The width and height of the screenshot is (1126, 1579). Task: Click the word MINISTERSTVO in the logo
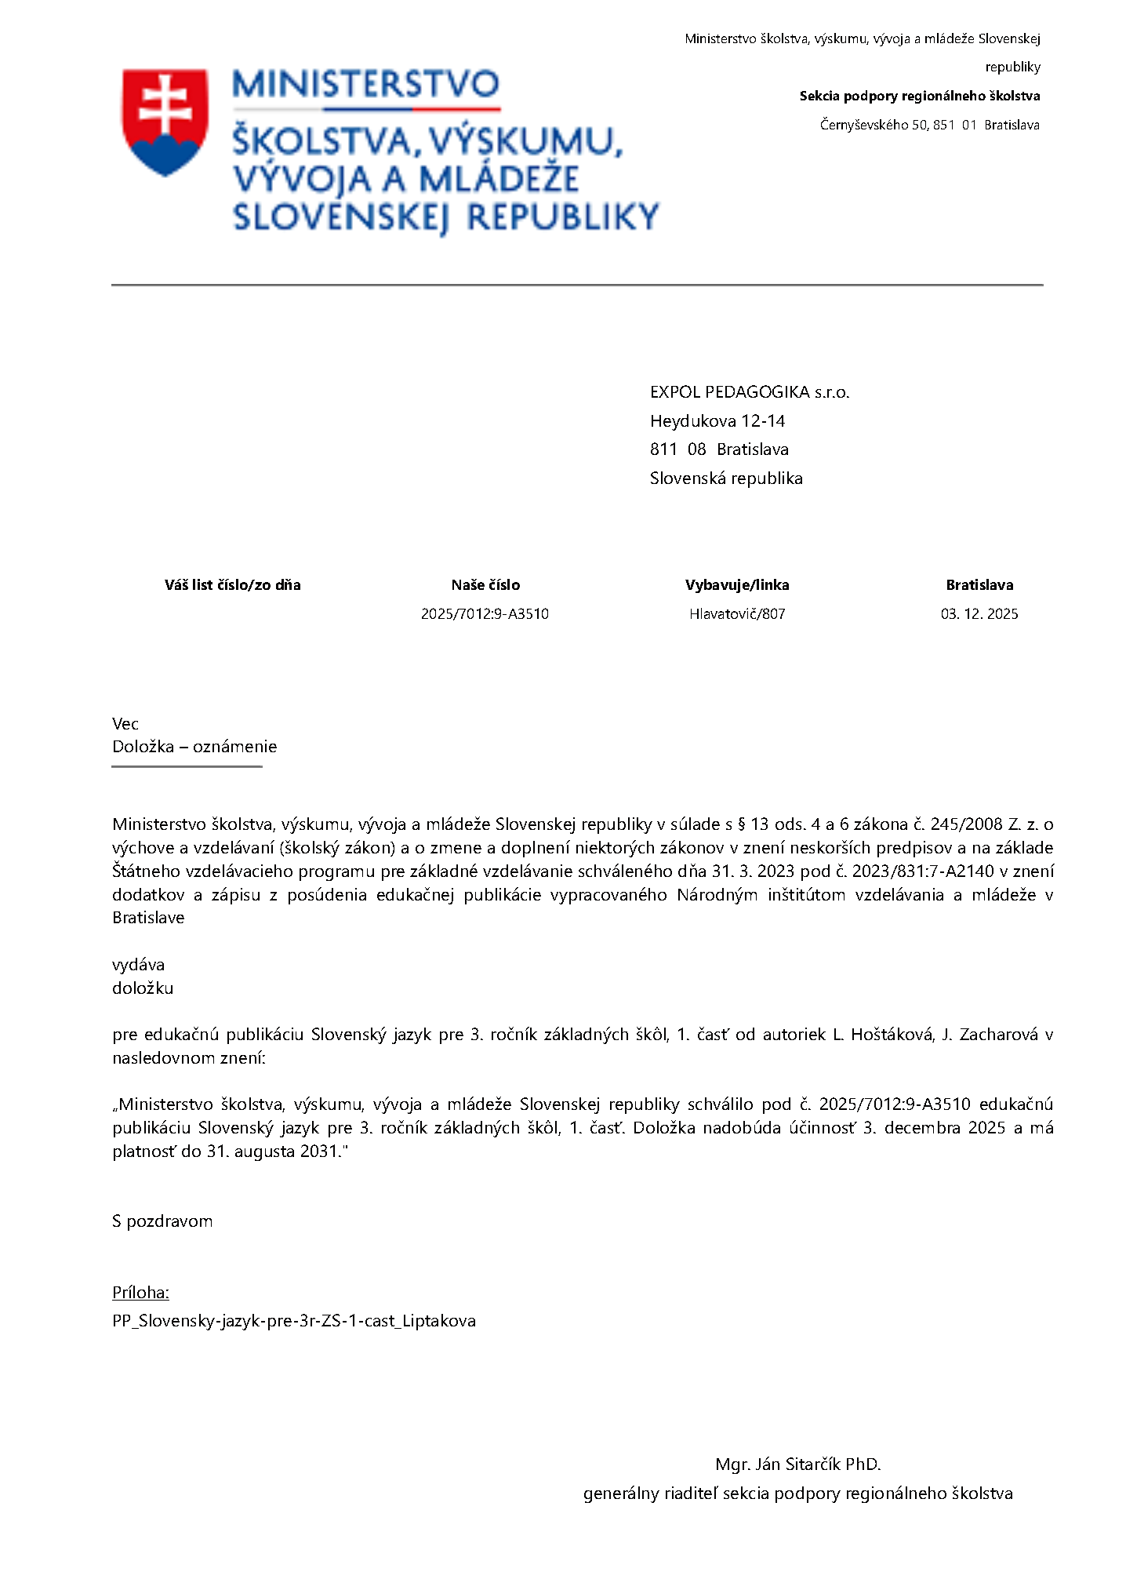[365, 85]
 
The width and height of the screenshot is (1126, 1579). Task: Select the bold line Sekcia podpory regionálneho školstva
[919, 96]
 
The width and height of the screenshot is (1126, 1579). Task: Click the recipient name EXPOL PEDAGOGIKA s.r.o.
[749, 392]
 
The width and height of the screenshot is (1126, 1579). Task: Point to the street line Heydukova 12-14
[717, 421]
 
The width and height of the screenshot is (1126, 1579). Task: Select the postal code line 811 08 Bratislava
[718, 449]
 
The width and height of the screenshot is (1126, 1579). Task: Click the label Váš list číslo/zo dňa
[232, 585]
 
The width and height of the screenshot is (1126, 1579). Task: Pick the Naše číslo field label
[485, 585]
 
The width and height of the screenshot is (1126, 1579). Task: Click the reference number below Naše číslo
[485, 614]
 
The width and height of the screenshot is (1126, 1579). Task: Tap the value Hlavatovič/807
[737, 614]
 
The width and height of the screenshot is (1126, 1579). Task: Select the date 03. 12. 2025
[979, 614]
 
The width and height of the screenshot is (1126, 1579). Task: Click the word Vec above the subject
[125, 724]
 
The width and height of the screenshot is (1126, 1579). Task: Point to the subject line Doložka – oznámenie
[194, 747]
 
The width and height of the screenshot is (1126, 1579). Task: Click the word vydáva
[138, 965]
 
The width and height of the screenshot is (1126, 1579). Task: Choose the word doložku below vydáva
[143, 988]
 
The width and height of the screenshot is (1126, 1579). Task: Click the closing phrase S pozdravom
[162, 1221]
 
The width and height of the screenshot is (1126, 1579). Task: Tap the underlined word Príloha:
[140, 1293]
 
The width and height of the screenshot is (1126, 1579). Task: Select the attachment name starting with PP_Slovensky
[293, 1321]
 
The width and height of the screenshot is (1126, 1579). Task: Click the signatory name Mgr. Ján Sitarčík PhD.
[797, 1464]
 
